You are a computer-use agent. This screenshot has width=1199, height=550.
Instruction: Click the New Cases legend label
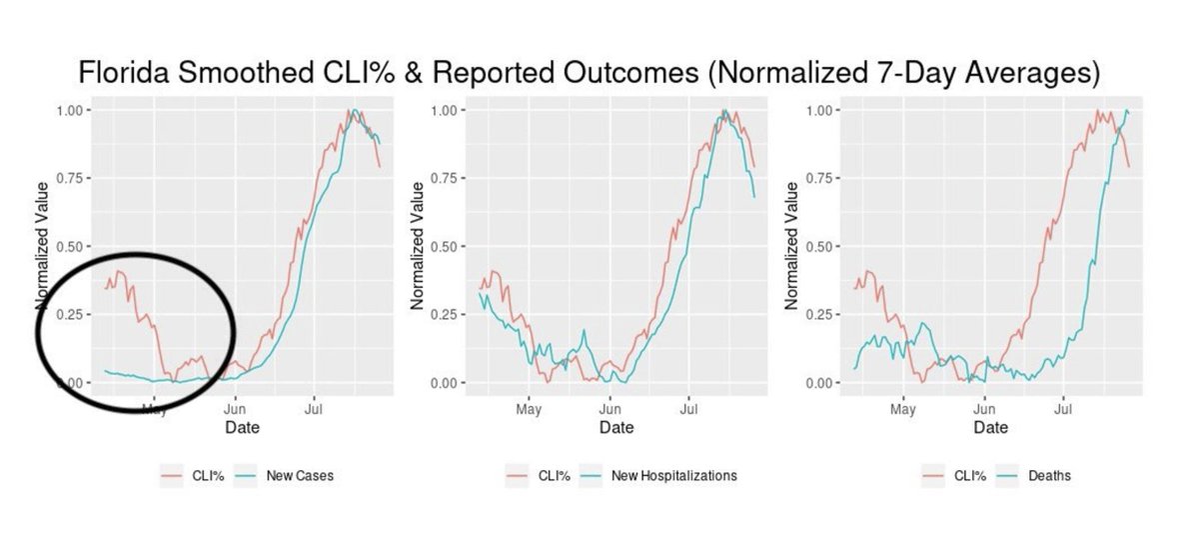300,476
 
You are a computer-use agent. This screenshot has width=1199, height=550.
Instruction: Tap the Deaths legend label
1049,476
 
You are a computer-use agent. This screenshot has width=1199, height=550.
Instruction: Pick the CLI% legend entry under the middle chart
555,476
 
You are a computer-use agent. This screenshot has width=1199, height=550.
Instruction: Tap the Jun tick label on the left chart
235,409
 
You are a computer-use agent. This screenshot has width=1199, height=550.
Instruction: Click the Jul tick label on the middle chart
688,409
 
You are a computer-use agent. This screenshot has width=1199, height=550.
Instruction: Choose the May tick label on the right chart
903,409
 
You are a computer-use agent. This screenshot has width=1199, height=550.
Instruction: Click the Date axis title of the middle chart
615,428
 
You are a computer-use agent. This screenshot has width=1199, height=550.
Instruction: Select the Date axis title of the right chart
991,428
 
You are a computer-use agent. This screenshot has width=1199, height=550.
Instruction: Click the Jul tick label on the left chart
314,409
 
